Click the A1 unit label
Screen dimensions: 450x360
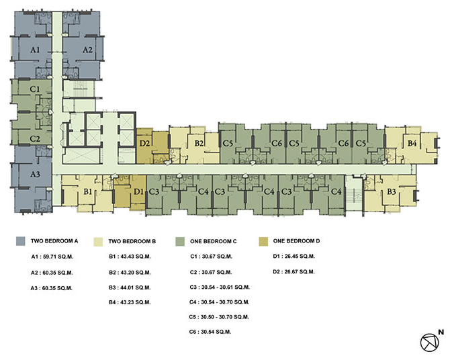point(35,50)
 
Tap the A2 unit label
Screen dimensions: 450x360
point(87,50)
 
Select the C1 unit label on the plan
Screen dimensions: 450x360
point(35,89)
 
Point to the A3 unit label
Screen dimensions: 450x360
point(35,174)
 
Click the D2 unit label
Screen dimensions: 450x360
point(144,143)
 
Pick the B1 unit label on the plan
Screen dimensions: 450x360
point(87,191)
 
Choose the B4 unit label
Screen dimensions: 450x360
point(412,143)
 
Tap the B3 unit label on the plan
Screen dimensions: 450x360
point(392,191)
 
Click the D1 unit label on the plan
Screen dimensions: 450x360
point(138,191)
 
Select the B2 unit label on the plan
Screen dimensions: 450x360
point(199,143)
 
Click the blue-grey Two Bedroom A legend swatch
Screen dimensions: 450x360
point(21,241)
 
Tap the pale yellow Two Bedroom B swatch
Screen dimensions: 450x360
point(98,242)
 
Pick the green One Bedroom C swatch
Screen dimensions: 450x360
point(180,241)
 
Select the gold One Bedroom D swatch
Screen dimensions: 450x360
point(263,241)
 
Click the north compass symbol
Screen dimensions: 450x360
point(430,343)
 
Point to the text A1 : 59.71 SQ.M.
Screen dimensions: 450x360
point(52,257)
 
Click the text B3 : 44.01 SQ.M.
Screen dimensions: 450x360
point(130,287)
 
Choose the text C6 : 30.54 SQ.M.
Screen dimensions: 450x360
point(210,332)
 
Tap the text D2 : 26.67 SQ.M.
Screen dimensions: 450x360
point(294,271)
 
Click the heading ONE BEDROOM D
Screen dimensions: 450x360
point(296,241)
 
